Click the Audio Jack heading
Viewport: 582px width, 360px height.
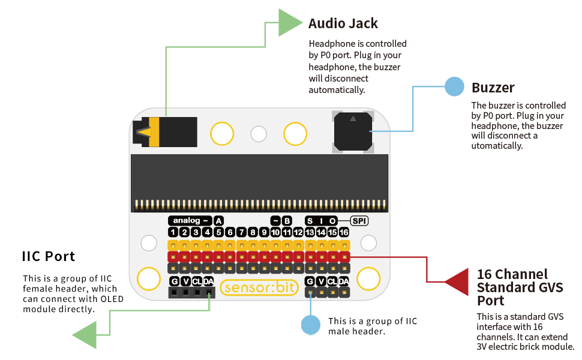[343, 24]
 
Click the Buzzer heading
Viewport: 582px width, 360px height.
[493, 88]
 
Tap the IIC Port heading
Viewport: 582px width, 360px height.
[49, 256]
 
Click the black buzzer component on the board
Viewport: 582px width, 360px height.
[353, 130]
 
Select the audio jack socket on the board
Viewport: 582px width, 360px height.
[166, 131]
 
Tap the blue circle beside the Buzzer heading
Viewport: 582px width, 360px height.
[454, 86]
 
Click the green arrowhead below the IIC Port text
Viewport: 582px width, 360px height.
[85, 334]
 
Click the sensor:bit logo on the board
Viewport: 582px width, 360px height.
[259, 287]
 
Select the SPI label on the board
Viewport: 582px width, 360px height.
[359, 221]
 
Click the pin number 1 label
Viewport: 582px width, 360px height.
[173, 232]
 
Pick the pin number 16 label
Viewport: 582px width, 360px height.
[344, 232]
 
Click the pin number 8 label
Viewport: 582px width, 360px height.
[253, 232]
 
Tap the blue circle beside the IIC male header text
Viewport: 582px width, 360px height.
[311, 325]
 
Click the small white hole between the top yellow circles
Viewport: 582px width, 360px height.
[259, 134]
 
